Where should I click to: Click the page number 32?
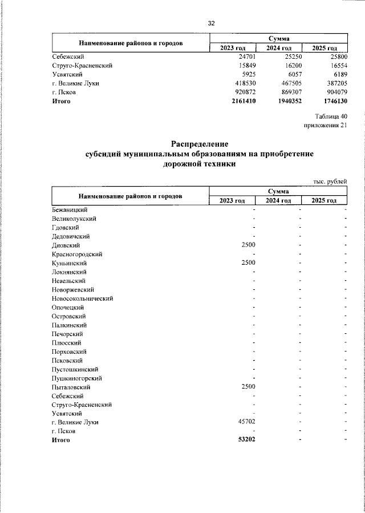tap(210, 23)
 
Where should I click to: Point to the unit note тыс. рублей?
tap(330, 181)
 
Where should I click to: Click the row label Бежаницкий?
tap(68, 210)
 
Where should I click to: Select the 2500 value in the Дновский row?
tap(248, 245)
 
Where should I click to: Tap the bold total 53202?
tap(246, 440)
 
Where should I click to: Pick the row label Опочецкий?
tap(68, 307)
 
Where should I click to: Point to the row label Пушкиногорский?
tap(76, 378)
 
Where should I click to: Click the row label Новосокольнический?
tap(82, 298)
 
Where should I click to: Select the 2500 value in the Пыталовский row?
tap(248, 387)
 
